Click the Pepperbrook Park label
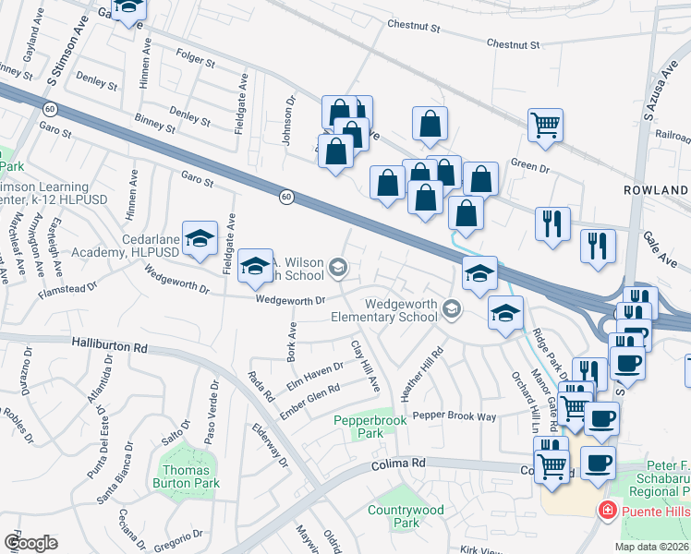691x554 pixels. coord(370,428)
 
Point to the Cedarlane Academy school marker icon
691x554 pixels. coord(200,240)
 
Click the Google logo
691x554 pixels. coord(30,543)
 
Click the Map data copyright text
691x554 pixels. coord(652,547)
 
